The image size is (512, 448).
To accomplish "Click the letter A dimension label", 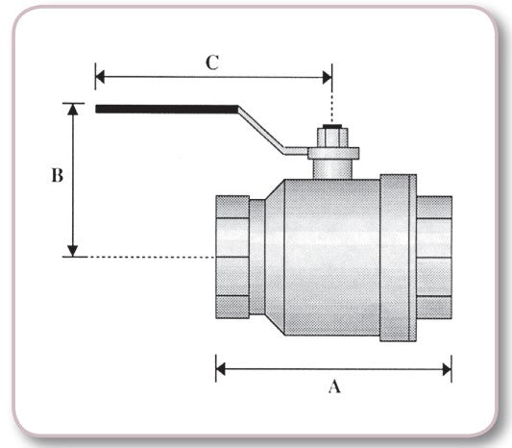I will point(334,386).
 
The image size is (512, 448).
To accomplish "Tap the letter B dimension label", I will point(57,176).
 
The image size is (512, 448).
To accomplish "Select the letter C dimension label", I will point(212,62).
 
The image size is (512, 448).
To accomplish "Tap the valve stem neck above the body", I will point(332,168).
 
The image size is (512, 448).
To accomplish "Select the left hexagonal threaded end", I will point(232,257).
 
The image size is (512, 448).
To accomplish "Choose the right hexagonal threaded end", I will point(434,257).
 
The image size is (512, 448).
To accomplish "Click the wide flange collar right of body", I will point(398,257).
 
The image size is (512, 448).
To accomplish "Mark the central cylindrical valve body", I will point(331,257).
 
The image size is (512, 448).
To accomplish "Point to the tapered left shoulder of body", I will point(274,257).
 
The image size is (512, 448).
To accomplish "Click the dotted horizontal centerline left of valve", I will point(144,257).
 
